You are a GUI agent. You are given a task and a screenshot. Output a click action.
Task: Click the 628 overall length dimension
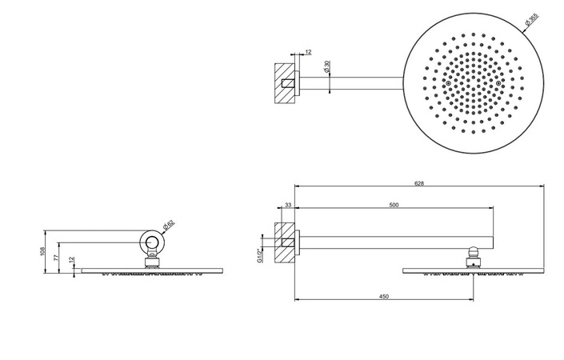point(419,183)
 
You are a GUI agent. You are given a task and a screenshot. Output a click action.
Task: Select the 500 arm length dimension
point(394,206)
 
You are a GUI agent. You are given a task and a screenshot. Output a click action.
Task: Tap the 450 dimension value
point(384,297)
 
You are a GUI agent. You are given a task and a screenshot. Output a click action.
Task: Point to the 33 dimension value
point(288,205)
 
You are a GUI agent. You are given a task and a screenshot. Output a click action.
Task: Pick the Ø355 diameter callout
point(531,19)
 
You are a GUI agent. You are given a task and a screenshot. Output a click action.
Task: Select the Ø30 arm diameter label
point(326,67)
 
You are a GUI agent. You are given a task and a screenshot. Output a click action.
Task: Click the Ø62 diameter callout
point(168,225)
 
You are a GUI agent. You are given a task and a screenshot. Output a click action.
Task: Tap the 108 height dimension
point(42,251)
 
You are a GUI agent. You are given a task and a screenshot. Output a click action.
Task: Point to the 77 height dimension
point(56,257)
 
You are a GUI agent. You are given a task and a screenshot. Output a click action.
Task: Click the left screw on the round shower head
point(448,83)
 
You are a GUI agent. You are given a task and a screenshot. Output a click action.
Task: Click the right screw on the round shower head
point(498,83)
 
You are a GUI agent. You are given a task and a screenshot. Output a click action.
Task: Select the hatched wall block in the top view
point(285,83)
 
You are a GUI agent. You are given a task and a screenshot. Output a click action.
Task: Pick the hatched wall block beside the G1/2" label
point(285,242)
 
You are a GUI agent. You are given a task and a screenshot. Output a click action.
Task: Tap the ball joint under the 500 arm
point(473,251)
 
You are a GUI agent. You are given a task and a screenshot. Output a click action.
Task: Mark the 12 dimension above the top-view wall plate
point(308,52)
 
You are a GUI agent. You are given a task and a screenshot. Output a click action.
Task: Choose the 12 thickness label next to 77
point(71,260)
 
